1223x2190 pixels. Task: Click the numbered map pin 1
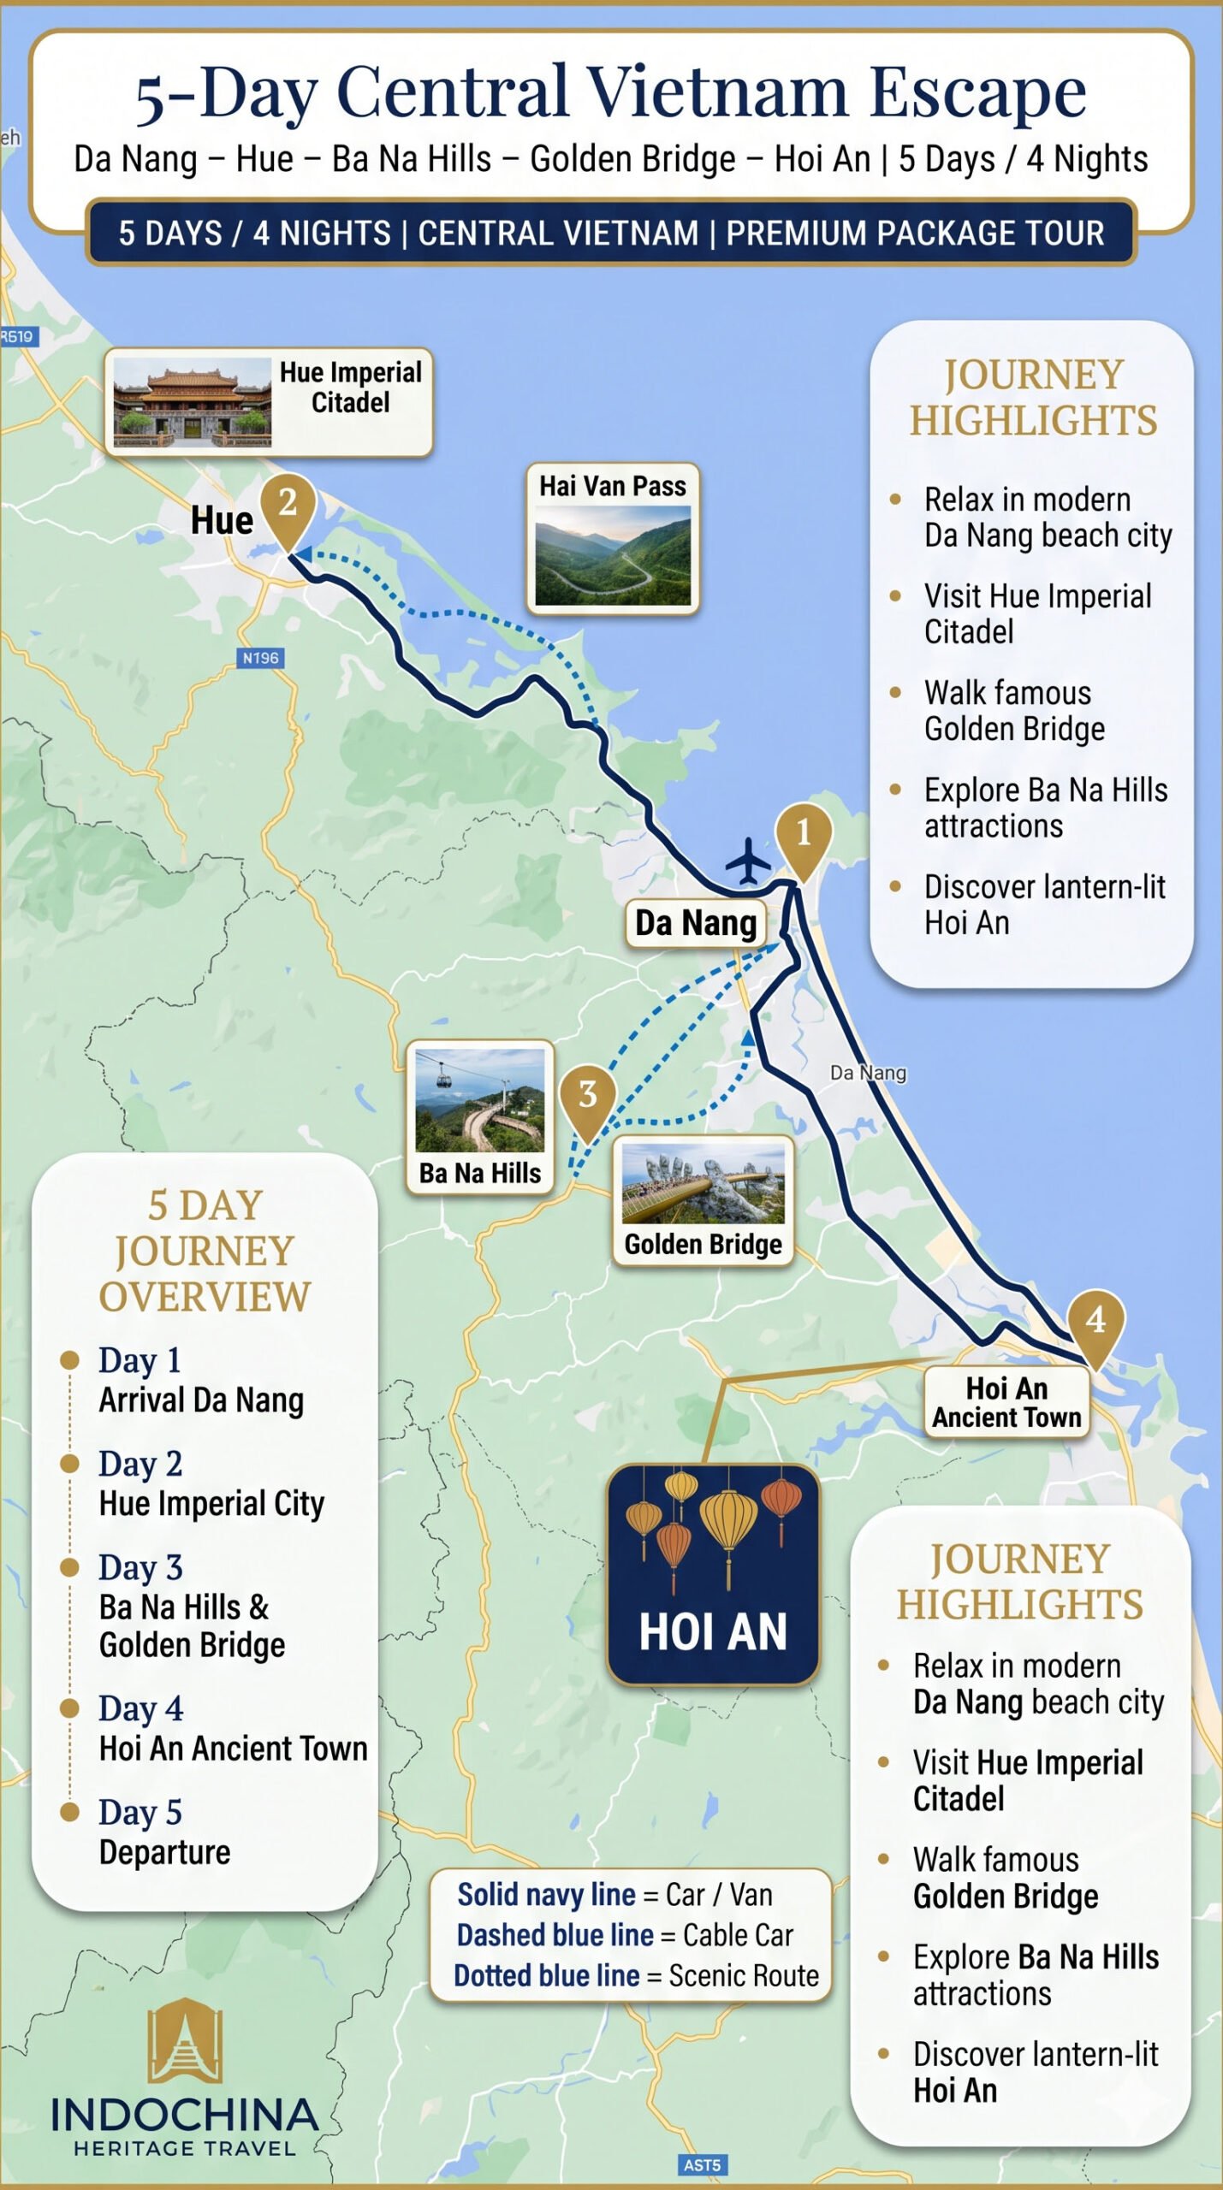click(803, 834)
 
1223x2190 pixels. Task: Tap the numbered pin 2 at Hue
click(288, 504)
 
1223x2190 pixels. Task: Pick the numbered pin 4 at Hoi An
click(1095, 1322)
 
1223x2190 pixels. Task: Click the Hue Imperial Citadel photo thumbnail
click(193, 402)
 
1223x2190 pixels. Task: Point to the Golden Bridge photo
click(703, 1183)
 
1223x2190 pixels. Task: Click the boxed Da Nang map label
click(696, 924)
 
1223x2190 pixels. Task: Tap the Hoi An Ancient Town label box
click(1006, 1403)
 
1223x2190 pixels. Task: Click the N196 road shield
click(260, 658)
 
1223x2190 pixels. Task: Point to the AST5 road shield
click(702, 2165)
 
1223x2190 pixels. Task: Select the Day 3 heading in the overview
click(140, 1567)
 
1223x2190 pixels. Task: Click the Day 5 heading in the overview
click(140, 1812)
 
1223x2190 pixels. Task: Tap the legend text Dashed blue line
click(555, 1935)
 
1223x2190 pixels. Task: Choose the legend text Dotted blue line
click(546, 1975)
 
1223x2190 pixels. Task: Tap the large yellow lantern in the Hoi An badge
click(728, 1521)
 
